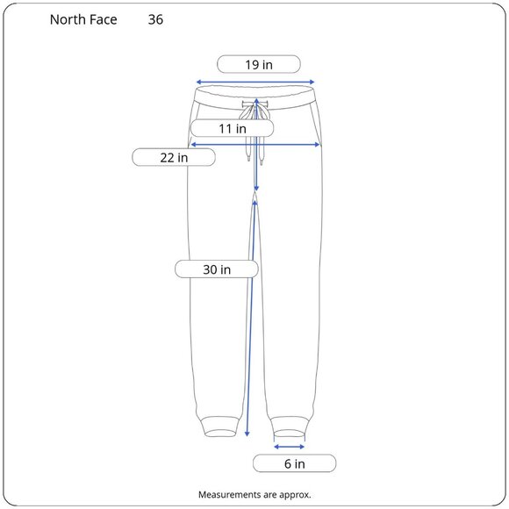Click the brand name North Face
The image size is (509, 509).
pos(83,20)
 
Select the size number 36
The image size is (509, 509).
pos(155,20)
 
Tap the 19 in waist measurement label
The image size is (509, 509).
pos(259,64)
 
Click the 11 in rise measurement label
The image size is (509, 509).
pos(232,128)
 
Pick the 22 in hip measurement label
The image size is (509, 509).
pos(174,157)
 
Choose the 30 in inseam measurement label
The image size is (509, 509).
pos(217,269)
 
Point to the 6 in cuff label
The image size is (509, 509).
pos(294,463)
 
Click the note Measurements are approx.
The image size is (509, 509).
pos(254,495)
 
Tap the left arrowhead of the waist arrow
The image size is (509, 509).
pos(199,82)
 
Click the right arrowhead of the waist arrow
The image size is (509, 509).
pos(312,82)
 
